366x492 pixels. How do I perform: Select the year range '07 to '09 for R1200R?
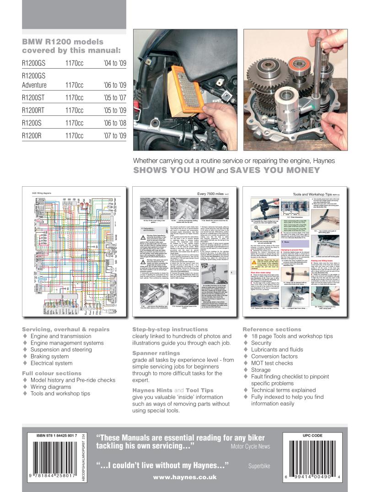[x=115, y=136]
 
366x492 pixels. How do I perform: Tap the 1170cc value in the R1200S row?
[x=74, y=123]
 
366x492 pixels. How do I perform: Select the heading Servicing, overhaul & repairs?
[x=66, y=329]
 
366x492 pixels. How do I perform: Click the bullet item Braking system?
[x=49, y=356]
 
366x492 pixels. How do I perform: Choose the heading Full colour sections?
[x=52, y=373]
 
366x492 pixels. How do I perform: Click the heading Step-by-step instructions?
[x=170, y=329]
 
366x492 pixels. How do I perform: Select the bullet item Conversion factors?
[x=274, y=356]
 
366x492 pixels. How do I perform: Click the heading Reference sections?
[x=272, y=329]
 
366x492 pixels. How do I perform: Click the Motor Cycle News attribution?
[x=250, y=446]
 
